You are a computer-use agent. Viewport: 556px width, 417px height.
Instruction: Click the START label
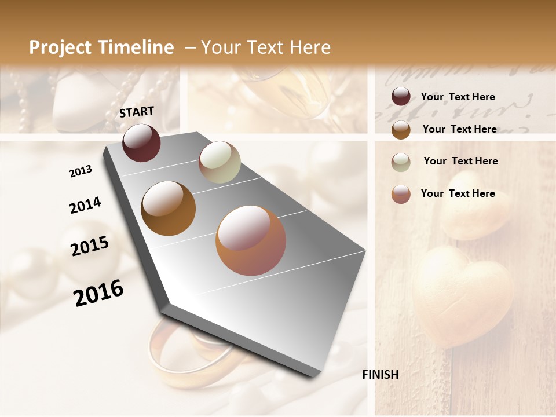(x=137, y=112)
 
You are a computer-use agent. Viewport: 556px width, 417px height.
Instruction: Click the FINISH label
(x=380, y=375)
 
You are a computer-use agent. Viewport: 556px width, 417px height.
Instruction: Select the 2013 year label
(x=81, y=171)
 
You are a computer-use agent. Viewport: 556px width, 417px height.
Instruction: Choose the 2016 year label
(x=98, y=293)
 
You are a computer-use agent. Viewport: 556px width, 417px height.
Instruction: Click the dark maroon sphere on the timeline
(x=141, y=142)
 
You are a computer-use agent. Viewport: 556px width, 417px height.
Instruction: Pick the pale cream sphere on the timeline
(x=220, y=162)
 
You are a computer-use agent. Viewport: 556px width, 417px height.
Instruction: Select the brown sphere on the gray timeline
(x=168, y=209)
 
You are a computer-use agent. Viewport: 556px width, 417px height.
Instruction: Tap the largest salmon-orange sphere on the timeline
(x=251, y=240)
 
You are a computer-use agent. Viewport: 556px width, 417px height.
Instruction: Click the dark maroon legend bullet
(x=401, y=96)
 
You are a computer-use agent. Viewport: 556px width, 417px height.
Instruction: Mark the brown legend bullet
(x=401, y=129)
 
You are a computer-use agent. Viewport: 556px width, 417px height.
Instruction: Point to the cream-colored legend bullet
(x=401, y=162)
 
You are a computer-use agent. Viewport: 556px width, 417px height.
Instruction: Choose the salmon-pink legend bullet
(x=401, y=194)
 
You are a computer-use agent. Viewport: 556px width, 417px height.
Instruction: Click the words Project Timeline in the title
(x=101, y=47)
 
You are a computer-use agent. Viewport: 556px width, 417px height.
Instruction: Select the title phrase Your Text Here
(x=266, y=47)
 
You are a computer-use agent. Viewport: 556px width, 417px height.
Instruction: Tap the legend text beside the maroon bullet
(x=458, y=97)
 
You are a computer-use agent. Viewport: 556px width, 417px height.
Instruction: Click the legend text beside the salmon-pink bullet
(x=458, y=193)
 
